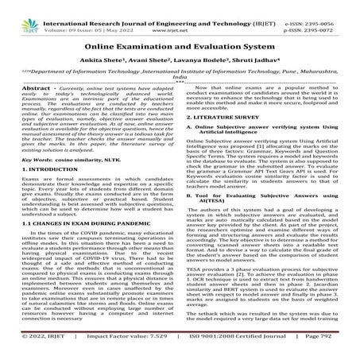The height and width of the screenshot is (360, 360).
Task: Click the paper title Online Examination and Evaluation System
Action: [180, 49]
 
